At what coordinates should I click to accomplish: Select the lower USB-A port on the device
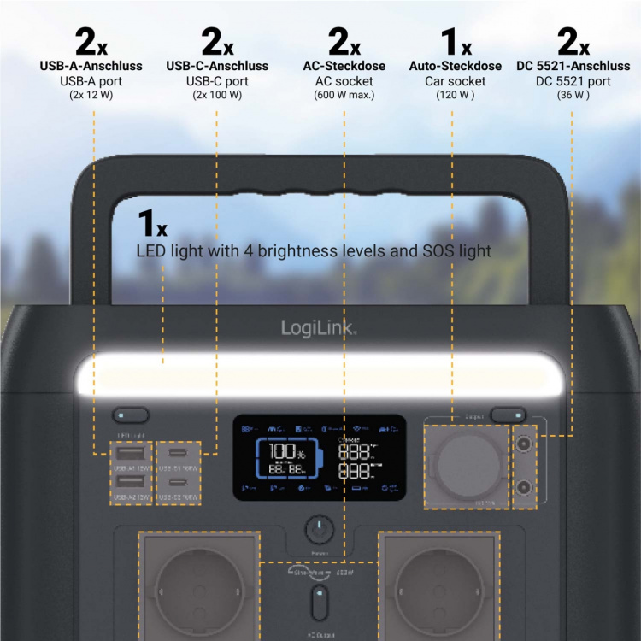[131, 483]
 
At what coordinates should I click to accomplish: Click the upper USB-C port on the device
[179, 453]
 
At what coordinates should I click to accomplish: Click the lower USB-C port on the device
[179, 484]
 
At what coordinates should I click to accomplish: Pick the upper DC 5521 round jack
[523, 445]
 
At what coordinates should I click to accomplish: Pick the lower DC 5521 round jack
[523, 488]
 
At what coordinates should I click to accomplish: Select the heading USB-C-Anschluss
[217, 66]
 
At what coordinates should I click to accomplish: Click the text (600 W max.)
[344, 95]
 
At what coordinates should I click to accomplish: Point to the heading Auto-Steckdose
[455, 66]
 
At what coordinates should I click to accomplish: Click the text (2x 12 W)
[91, 95]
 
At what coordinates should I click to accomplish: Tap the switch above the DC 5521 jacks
[509, 415]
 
